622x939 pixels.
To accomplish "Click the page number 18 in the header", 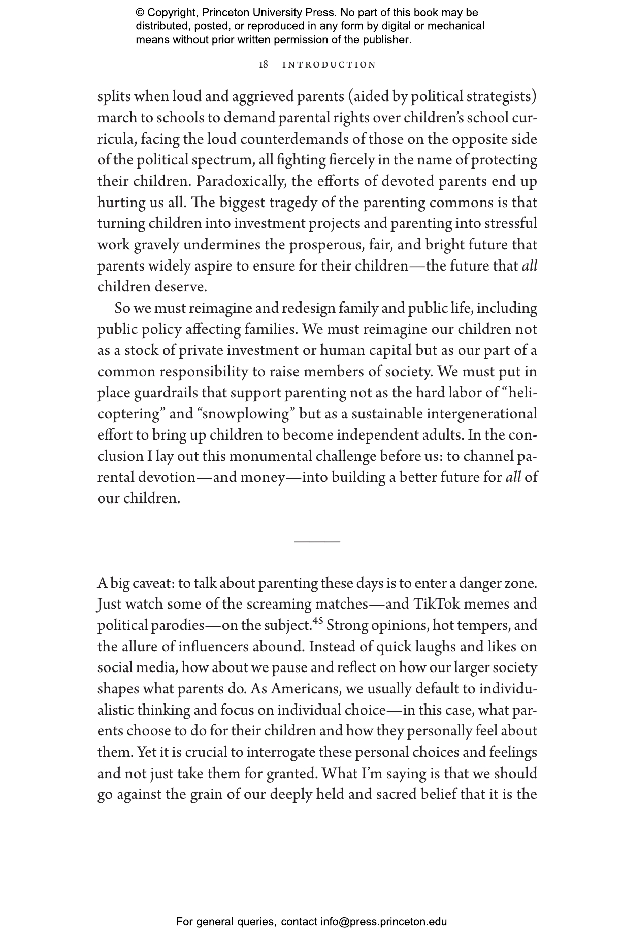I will (x=264, y=65).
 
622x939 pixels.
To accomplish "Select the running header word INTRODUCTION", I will (x=329, y=65).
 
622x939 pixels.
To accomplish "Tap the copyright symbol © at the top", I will (x=140, y=13).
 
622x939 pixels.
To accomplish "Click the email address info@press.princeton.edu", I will (x=383, y=922).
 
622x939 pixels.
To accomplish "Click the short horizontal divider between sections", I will (x=317, y=542).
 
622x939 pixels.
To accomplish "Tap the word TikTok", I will (x=436, y=604).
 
